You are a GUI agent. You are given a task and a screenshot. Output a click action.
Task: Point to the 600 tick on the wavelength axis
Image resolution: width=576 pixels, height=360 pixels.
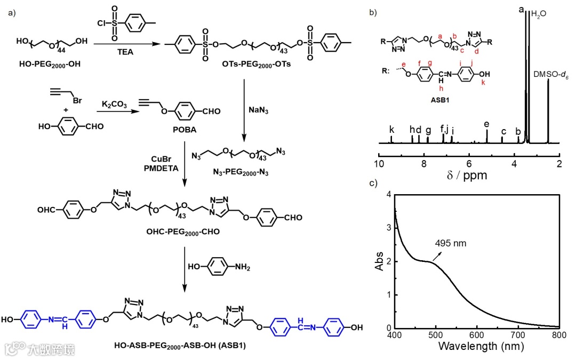(x=477, y=335)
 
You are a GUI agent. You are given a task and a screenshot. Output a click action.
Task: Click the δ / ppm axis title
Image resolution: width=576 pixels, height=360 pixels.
(x=469, y=174)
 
